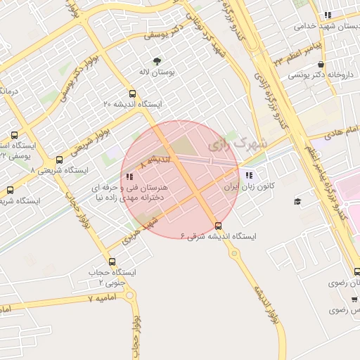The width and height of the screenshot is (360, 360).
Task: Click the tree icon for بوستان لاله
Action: [x=156, y=60]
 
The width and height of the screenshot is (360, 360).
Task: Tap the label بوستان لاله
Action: [x=157, y=72]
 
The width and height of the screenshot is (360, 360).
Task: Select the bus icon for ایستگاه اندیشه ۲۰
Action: [x=132, y=94]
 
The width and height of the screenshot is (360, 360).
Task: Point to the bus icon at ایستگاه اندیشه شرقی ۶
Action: [x=218, y=226]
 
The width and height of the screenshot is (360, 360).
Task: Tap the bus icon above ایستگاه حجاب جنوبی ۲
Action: [x=112, y=262]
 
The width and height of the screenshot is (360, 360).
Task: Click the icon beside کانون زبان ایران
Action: [x=249, y=175]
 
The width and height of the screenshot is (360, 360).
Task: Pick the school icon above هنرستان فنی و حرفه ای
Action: [x=129, y=177]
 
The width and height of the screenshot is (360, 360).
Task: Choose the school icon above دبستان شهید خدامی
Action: [x=327, y=15]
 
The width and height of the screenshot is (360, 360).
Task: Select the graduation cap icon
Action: [x=297, y=202]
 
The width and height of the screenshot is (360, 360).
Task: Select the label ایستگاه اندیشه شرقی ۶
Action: [x=219, y=237]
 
